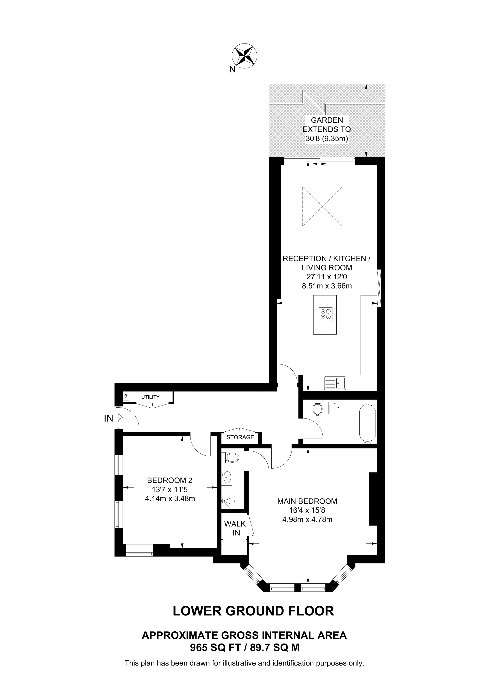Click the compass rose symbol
(x=244, y=56)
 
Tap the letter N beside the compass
(x=232, y=70)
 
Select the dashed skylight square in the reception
(x=322, y=207)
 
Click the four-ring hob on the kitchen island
(x=325, y=314)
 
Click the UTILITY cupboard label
(x=150, y=397)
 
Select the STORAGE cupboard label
(x=240, y=437)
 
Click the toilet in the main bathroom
(x=318, y=409)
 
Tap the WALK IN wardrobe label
(x=235, y=528)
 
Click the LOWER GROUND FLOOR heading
(x=253, y=611)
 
